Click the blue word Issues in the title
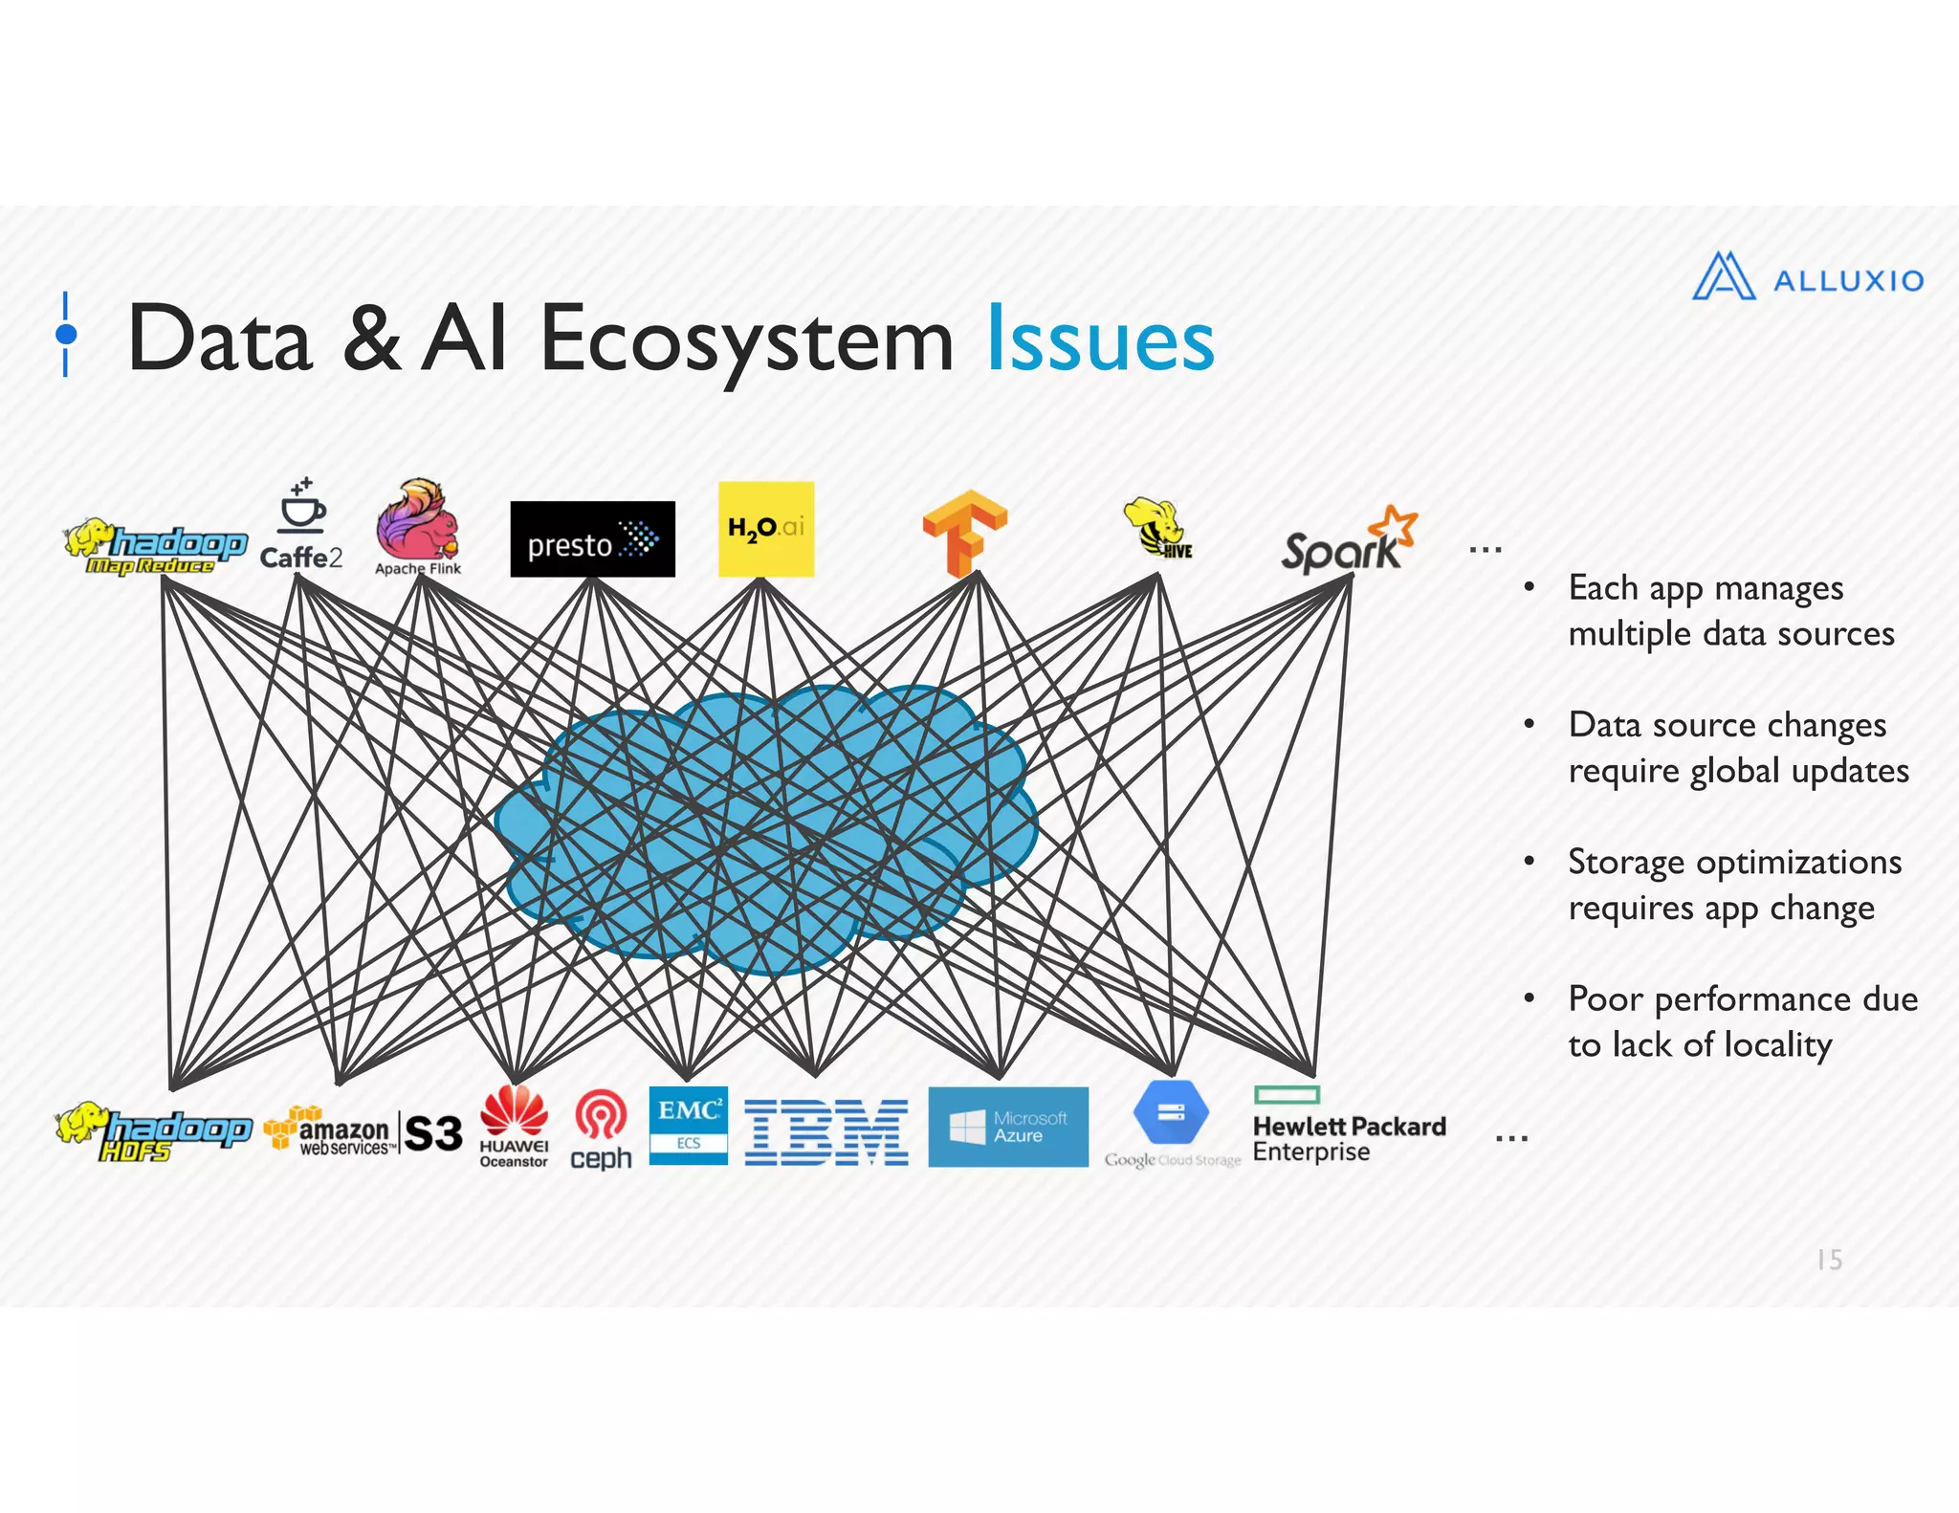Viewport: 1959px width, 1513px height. point(1100,340)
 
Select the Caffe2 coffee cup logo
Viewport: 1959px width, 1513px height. point(301,526)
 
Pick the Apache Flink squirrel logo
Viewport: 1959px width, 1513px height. point(418,526)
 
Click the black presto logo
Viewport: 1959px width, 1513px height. point(592,539)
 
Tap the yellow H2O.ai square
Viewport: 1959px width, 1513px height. point(765,529)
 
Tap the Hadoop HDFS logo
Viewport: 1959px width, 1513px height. point(153,1132)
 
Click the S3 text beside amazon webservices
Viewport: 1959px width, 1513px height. point(433,1133)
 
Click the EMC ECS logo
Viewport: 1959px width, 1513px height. point(688,1126)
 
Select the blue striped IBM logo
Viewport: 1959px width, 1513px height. point(826,1132)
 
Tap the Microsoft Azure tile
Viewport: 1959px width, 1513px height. point(1007,1127)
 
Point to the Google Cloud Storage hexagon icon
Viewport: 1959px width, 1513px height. point(1171,1112)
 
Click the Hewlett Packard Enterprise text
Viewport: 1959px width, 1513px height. point(1348,1138)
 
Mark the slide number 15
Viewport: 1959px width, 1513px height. point(1829,1260)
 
